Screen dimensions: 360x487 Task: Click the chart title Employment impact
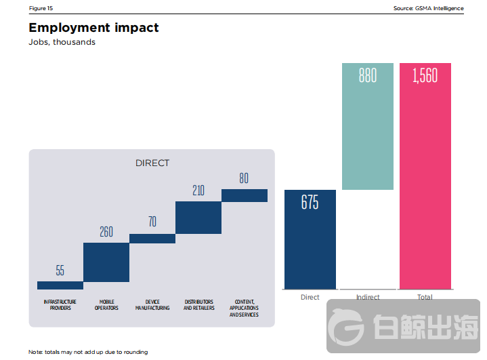pyautogui.click(x=93, y=28)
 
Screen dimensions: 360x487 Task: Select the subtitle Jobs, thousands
pyautogui.click(x=62, y=42)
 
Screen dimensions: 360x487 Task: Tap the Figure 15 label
pyautogui.click(x=41, y=8)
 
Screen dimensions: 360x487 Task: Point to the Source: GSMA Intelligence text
pyautogui.click(x=428, y=8)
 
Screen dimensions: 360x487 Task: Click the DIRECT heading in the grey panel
pyautogui.click(x=152, y=163)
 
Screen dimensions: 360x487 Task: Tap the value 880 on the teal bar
pyautogui.click(x=367, y=75)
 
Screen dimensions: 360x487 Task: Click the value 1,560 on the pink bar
pyautogui.click(x=425, y=75)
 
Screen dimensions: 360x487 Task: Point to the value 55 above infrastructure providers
pyautogui.click(x=60, y=271)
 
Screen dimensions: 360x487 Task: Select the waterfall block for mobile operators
pyautogui.click(x=106, y=262)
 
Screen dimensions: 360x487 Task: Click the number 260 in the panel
pyautogui.click(x=106, y=232)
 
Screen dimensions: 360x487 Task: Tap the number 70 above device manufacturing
pyautogui.click(x=152, y=222)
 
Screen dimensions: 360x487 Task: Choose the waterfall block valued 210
pyautogui.click(x=198, y=218)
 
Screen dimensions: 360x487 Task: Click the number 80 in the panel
pyautogui.click(x=244, y=179)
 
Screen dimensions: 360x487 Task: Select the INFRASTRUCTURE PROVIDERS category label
pyautogui.click(x=60, y=304)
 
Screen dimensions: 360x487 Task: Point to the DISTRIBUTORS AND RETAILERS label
pyautogui.click(x=198, y=304)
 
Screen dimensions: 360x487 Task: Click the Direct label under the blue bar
pyautogui.click(x=310, y=297)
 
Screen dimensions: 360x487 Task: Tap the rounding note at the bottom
pyautogui.click(x=88, y=352)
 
